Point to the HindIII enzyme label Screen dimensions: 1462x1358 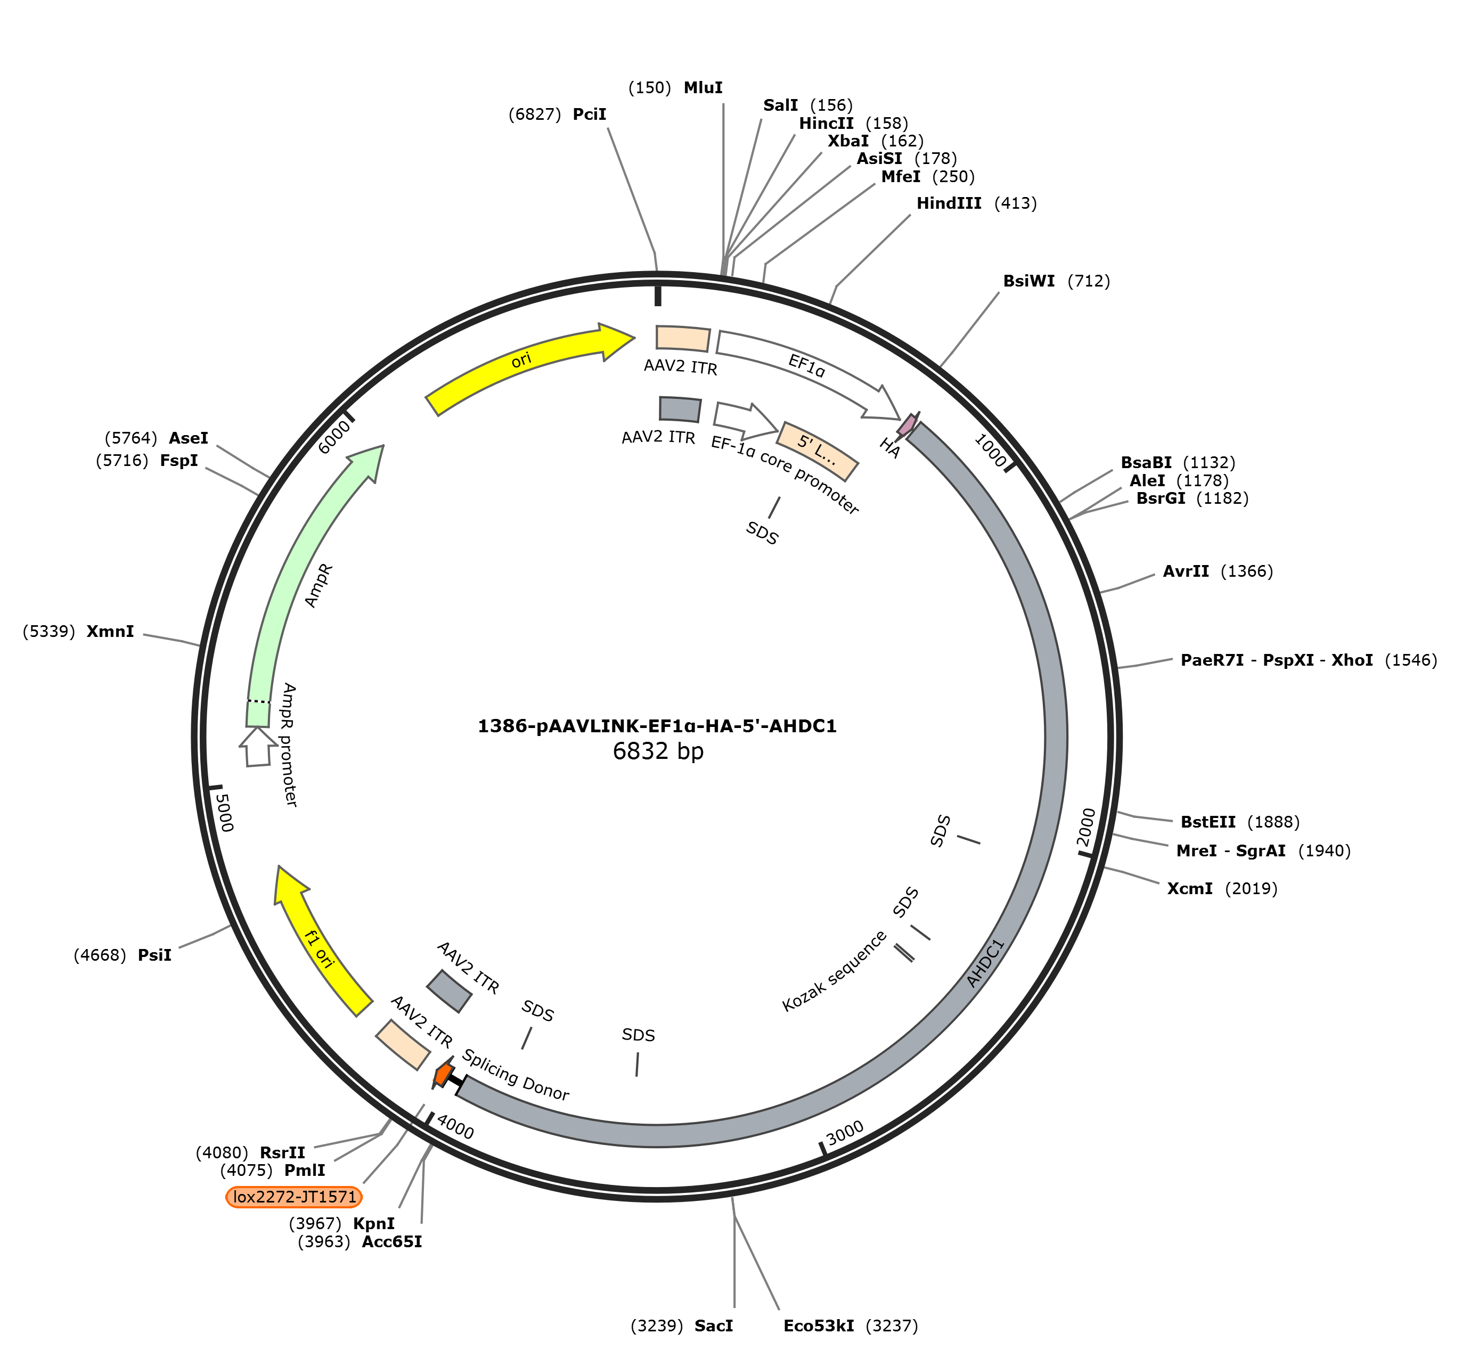point(948,203)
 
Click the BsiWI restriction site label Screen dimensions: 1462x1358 point(1028,281)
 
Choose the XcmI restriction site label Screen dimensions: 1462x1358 point(1189,888)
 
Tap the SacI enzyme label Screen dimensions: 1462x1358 point(713,1326)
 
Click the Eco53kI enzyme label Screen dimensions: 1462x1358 point(819,1326)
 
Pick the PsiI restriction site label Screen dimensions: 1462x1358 point(154,955)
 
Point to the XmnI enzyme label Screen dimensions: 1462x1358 point(110,631)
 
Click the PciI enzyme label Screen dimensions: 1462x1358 point(590,114)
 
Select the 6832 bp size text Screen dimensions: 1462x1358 point(658,751)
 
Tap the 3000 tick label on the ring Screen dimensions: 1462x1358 point(845,1133)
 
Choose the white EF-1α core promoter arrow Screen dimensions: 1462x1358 point(745,419)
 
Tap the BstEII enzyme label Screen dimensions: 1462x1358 point(1207,822)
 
